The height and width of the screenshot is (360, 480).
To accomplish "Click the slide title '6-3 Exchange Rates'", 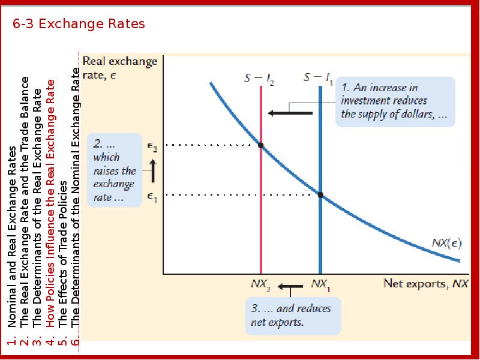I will (x=79, y=25).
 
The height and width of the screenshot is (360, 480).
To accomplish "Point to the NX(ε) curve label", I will (x=446, y=243).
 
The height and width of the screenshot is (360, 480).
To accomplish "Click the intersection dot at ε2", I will (x=260, y=145).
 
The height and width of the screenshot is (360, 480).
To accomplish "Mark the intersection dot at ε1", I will (x=320, y=194).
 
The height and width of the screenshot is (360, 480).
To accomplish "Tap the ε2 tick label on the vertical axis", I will (x=152, y=145).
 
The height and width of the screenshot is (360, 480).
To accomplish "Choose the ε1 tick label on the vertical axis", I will (x=152, y=196).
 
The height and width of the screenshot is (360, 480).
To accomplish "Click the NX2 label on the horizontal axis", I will (x=260, y=284).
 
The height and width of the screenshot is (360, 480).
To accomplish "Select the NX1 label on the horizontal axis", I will (x=319, y=284).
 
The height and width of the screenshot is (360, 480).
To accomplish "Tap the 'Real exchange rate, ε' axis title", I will (x=119, y=67).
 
